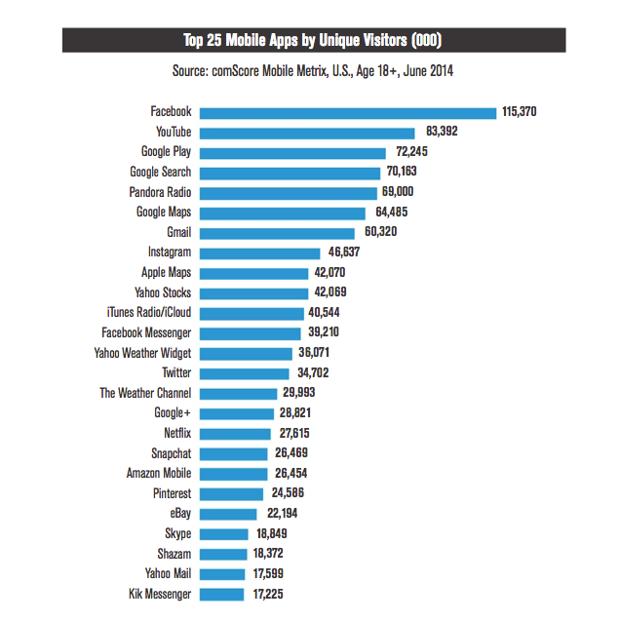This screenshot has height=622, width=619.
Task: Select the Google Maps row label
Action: [x=164, y=213]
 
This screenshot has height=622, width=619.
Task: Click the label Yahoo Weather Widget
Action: [x=142, y=353]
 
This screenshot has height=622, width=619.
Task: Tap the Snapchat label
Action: [x=171, y=452]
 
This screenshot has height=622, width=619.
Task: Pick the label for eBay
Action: [x=177, y=513]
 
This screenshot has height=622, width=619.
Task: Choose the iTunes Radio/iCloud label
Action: [x=148, y=313]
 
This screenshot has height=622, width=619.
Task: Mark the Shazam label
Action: [x=173, y=553]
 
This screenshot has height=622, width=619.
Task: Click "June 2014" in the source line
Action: [x=427, y=70]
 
